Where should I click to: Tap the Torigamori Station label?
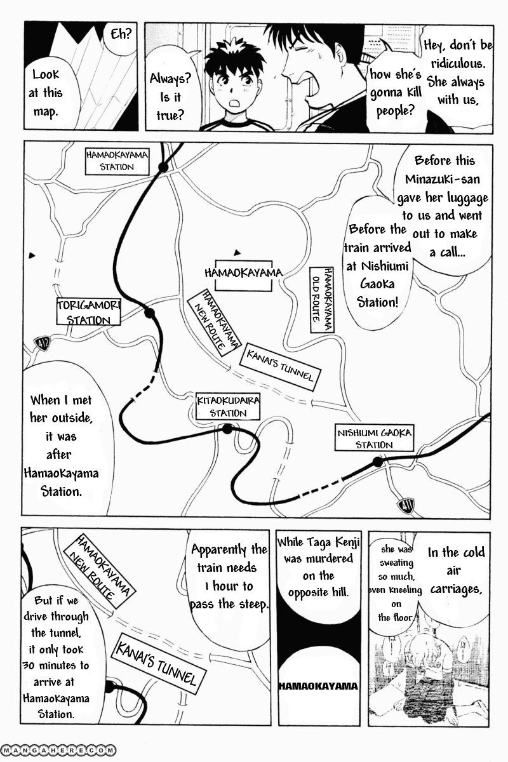[x=88, y=312]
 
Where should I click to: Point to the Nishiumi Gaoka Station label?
[x=374, y=439]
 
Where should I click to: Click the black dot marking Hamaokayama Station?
[x=163, y=167]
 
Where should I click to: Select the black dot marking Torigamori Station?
[x=150, y=313]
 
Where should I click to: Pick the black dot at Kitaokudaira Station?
[x=227, y=429]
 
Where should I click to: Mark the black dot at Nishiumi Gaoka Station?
[x=378, y=462]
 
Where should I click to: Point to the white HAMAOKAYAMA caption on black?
[x=317, y=687]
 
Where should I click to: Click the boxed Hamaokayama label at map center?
[x=244, y=272]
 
